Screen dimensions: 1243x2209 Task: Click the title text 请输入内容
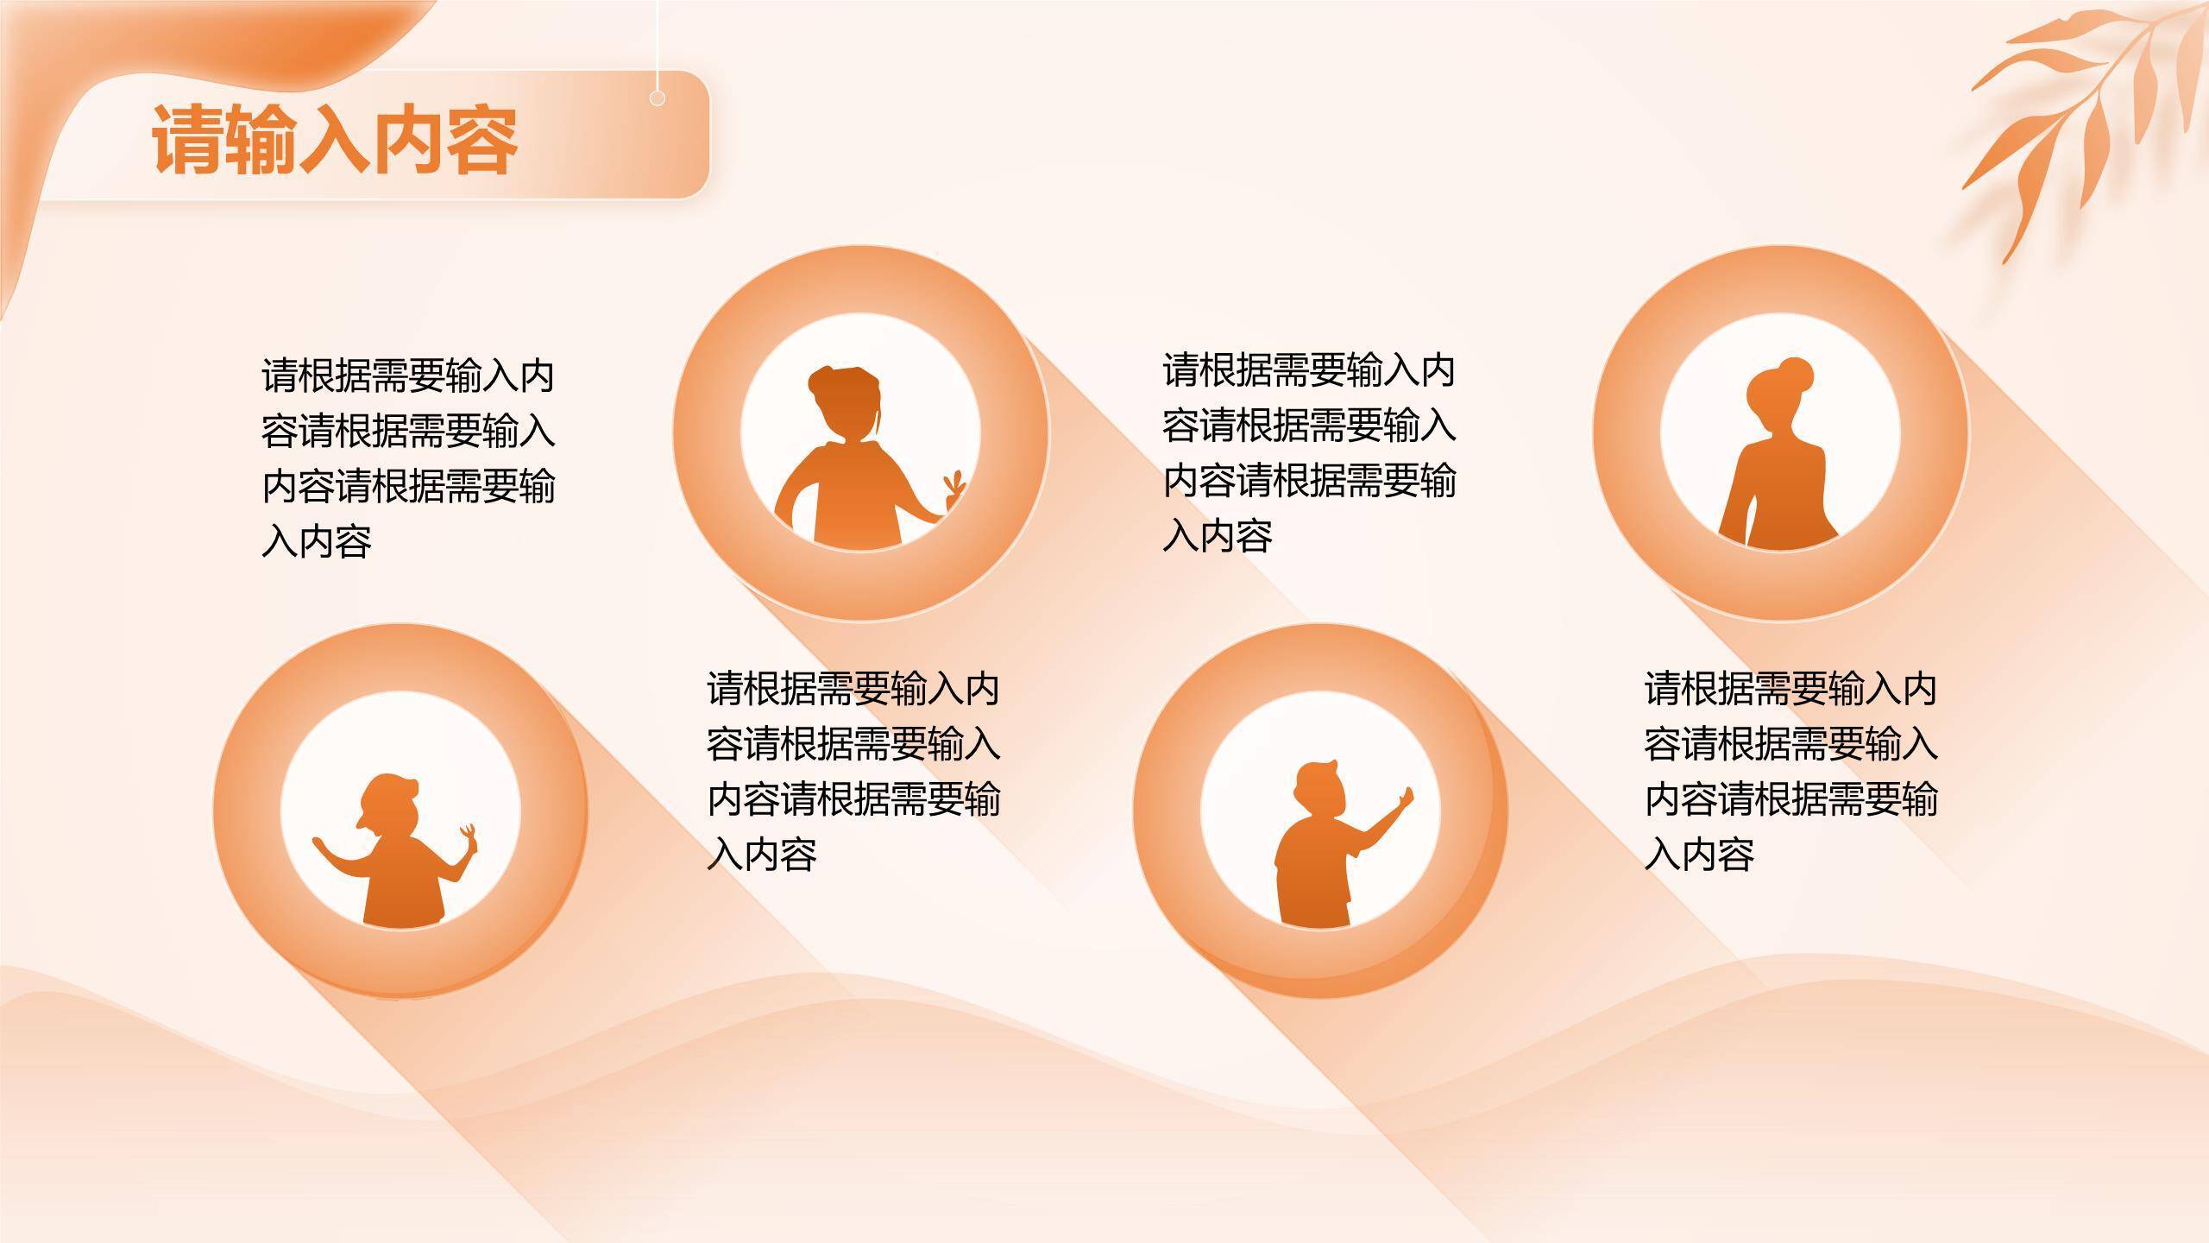coord(335,140)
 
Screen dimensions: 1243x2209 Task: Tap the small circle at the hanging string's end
coord(657,98)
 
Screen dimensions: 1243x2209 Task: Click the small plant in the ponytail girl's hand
coord(953,488)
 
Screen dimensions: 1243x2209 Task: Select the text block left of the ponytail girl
coord(407,459)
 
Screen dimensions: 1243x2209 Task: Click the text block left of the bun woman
coord(1308,452)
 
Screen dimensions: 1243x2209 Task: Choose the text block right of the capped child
coord(853,771)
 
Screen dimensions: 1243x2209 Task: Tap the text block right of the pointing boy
coord(1790,771)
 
